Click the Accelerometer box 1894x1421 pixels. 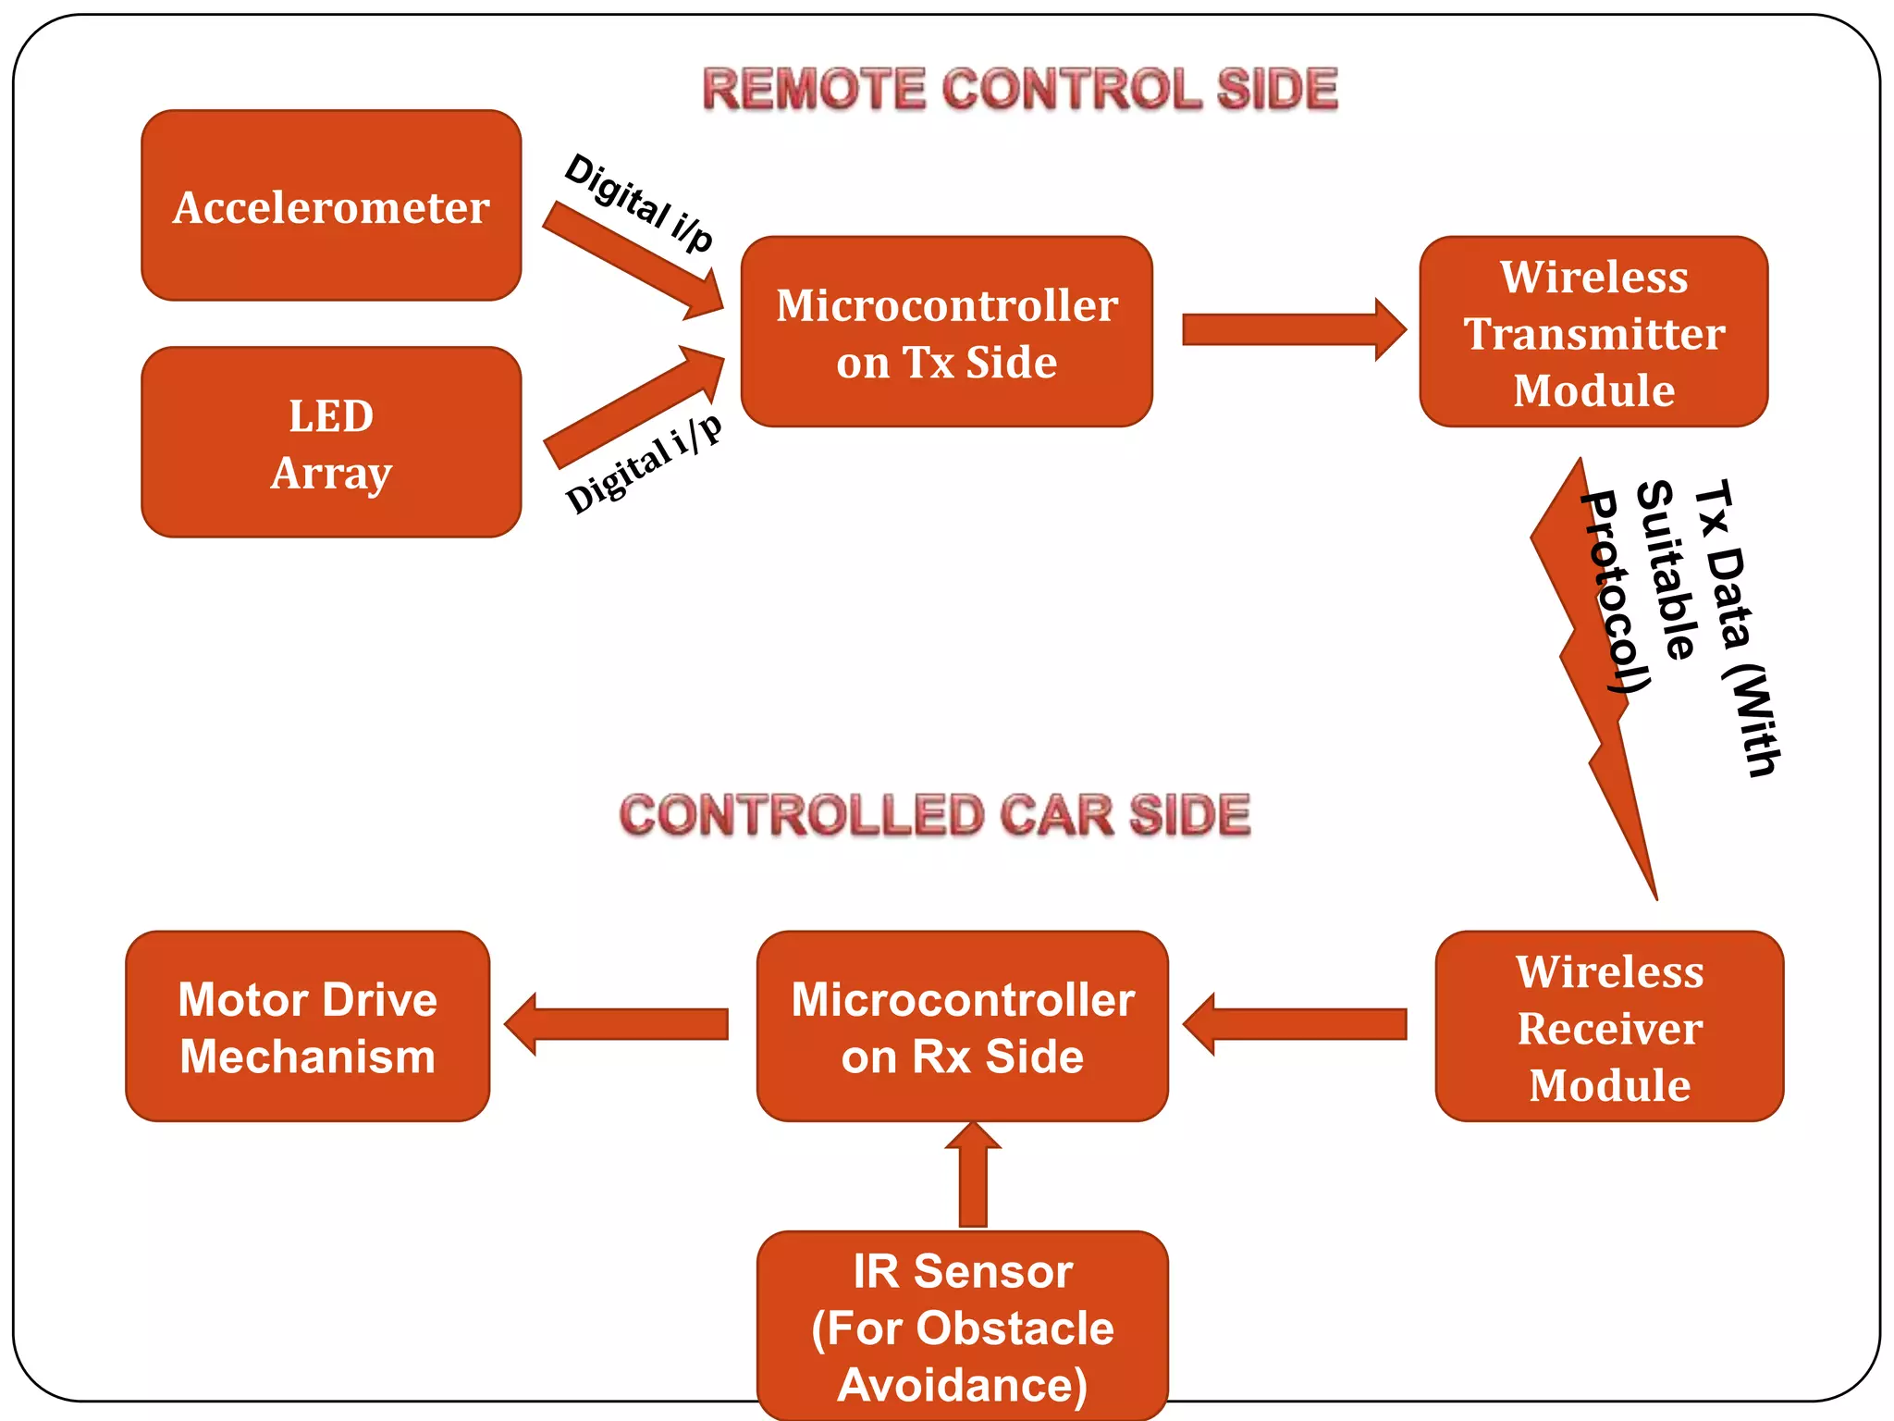tap(331, 205)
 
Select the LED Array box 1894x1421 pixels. tap(331, 442)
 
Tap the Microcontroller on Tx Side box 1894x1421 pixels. tap(946, 332)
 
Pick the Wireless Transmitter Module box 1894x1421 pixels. tap(1593, 332)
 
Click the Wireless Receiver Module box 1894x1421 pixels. tap(1609, 1027)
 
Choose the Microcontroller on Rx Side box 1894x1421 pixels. tap(962, 1027)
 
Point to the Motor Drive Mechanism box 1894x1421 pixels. tap(307, 1027)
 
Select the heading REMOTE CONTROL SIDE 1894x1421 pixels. tap(1020, 90)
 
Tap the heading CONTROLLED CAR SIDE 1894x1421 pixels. tap(934, 815)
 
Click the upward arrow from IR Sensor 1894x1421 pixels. tap(973, 1175)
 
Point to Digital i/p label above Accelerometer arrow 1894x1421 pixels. tap(639, 202)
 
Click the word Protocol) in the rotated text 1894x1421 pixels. tap(1614, 592)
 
